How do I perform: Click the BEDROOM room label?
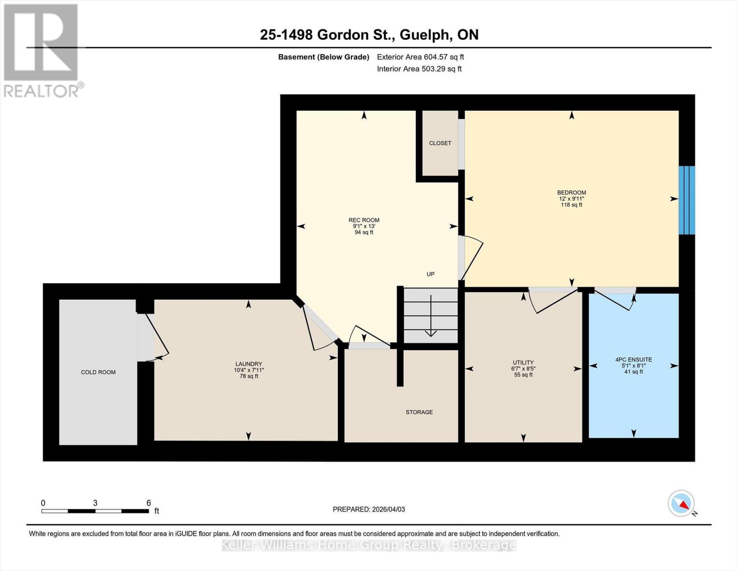coord(571,193)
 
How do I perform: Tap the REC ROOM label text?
coord(364,220)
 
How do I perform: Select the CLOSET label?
coord(440,143)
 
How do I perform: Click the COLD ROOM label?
coord(98,372)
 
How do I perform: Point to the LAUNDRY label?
coord(249,364)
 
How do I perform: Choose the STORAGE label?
coord(419,412)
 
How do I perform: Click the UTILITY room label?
coord(523,363)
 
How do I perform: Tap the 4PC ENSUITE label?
coord(633,360)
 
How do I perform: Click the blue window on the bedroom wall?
coord(687,200)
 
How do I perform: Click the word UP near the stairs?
coord(431,274)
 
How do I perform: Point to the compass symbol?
coord(681,503)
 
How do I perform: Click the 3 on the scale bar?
coord(96,503)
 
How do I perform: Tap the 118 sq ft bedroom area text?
coord(571,205)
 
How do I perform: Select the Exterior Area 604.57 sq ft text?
coord(420,57)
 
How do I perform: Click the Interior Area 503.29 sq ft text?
coord(419,69)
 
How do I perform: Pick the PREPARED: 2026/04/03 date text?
coord(369,509)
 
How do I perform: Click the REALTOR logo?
coord(42,50)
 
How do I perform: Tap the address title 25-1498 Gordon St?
coord(369,35)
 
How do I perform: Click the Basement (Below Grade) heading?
coord(324,57)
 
